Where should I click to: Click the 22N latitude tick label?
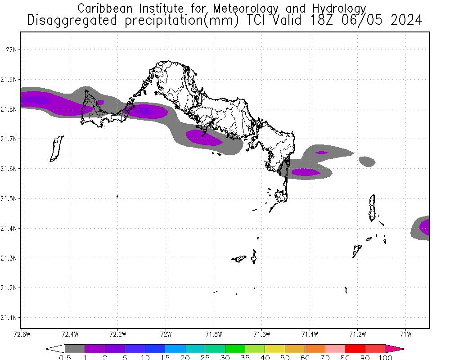10,49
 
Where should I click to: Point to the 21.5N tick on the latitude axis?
9,198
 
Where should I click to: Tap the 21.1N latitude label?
9,318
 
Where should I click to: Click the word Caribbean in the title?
104,9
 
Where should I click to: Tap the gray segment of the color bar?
75,348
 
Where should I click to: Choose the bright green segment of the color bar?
235,348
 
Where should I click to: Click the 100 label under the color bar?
385,357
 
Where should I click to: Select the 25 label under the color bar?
205,357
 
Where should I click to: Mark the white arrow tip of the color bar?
55,348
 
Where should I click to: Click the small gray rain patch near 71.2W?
367,161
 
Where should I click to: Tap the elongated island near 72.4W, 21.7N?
56,148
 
